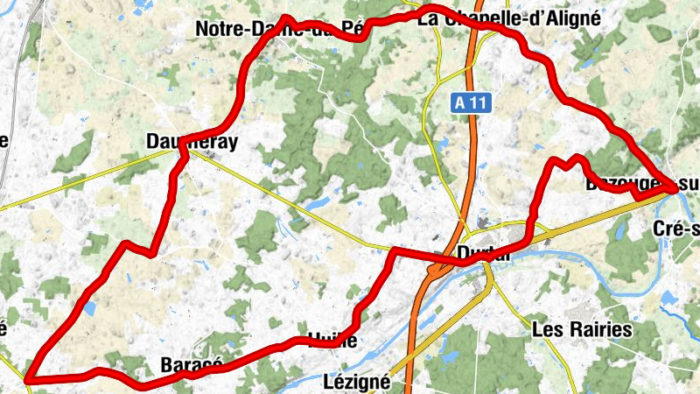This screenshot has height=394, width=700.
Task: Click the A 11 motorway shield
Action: [x=472, y=102]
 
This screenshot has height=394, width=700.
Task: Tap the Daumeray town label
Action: [x=192, y=143]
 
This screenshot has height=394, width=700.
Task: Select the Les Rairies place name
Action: [x=582, y=330]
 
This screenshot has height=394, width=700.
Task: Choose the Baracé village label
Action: [x=192, y=364]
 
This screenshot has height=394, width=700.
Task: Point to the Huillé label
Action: [x=332, y=341]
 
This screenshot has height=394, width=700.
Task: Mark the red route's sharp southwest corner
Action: [x=28, y=379]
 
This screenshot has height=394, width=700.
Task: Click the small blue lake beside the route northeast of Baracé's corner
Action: [x=90, y=308]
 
